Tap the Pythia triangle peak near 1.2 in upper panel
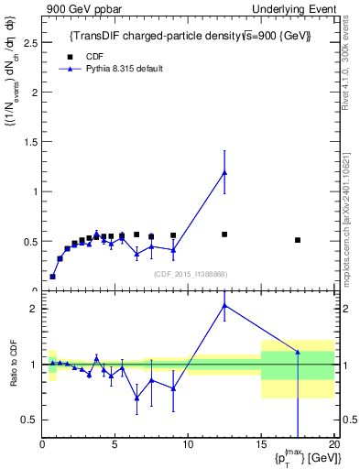pyautogui.click(x=224, y=172)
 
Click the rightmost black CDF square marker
pyautogui.click(x=298, y=240)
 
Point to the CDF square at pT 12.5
pyautogui.click(x=224, y=234)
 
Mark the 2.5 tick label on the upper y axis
pyautogui.click(x=30, y=42)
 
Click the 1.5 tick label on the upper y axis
pyautogui.click(x=30, y=142)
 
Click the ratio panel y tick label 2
pyautogui.click(x=34, y=309)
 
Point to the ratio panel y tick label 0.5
pyautogui.click(x=30, y=420)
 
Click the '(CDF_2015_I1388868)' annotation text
pyautogui.click(x=191, y=274)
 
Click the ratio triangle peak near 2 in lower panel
pyautogui.click(x=224, y=305)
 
